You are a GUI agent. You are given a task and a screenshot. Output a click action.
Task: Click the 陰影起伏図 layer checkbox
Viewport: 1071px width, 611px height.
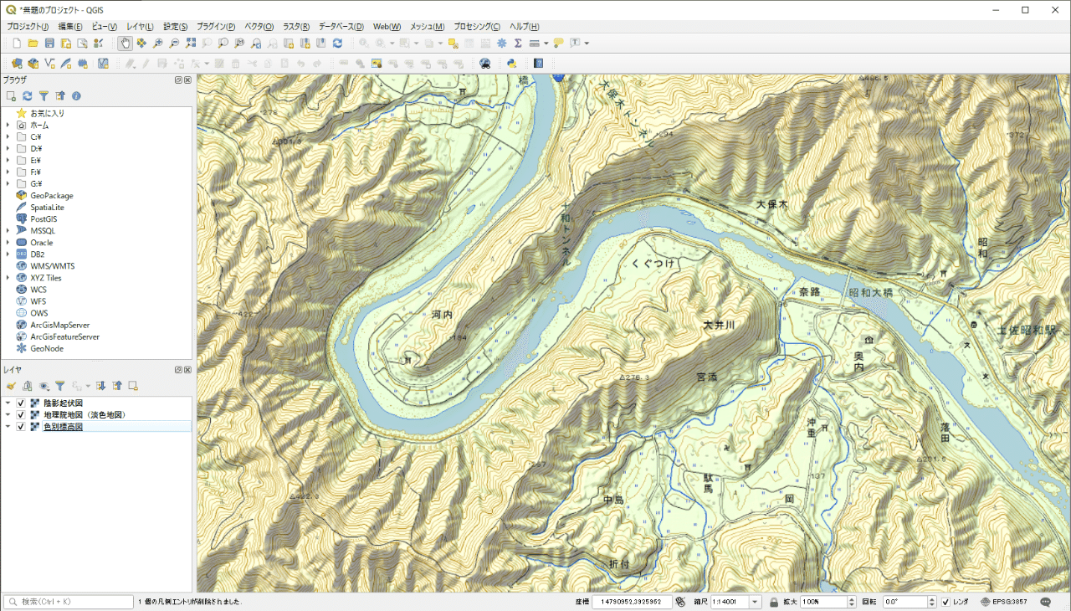21,403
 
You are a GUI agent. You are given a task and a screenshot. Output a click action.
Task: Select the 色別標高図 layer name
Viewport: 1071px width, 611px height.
63,427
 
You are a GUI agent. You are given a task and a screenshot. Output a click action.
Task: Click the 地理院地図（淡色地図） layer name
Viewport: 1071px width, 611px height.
85,415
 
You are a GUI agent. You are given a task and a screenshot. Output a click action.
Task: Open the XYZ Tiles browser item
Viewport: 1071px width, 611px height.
46,278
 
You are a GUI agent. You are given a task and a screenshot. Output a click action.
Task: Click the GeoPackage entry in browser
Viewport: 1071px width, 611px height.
52,196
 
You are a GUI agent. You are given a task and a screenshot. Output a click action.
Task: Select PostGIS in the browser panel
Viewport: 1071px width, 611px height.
44,219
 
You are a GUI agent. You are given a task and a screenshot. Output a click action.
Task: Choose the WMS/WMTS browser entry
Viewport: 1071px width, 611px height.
52,266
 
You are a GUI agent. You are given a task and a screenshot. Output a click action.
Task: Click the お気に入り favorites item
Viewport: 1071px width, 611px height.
47,113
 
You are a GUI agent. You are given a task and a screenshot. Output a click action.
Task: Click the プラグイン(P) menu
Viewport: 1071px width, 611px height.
216,27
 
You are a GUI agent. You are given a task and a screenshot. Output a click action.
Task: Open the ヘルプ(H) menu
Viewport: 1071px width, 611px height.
525,27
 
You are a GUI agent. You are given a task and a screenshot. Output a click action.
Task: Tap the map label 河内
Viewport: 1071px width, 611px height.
442,316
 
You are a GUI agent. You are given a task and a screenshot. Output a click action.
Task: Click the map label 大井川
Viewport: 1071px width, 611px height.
718,325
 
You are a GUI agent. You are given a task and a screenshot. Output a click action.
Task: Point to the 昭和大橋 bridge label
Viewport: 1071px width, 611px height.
870,293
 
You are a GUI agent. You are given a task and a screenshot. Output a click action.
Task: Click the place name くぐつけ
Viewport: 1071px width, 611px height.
653,263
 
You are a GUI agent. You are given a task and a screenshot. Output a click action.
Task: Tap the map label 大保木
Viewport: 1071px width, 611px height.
772,204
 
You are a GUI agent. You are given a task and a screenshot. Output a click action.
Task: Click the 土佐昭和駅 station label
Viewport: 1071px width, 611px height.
1026,331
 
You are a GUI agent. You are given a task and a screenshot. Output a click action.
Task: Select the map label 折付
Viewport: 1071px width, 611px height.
613,564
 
